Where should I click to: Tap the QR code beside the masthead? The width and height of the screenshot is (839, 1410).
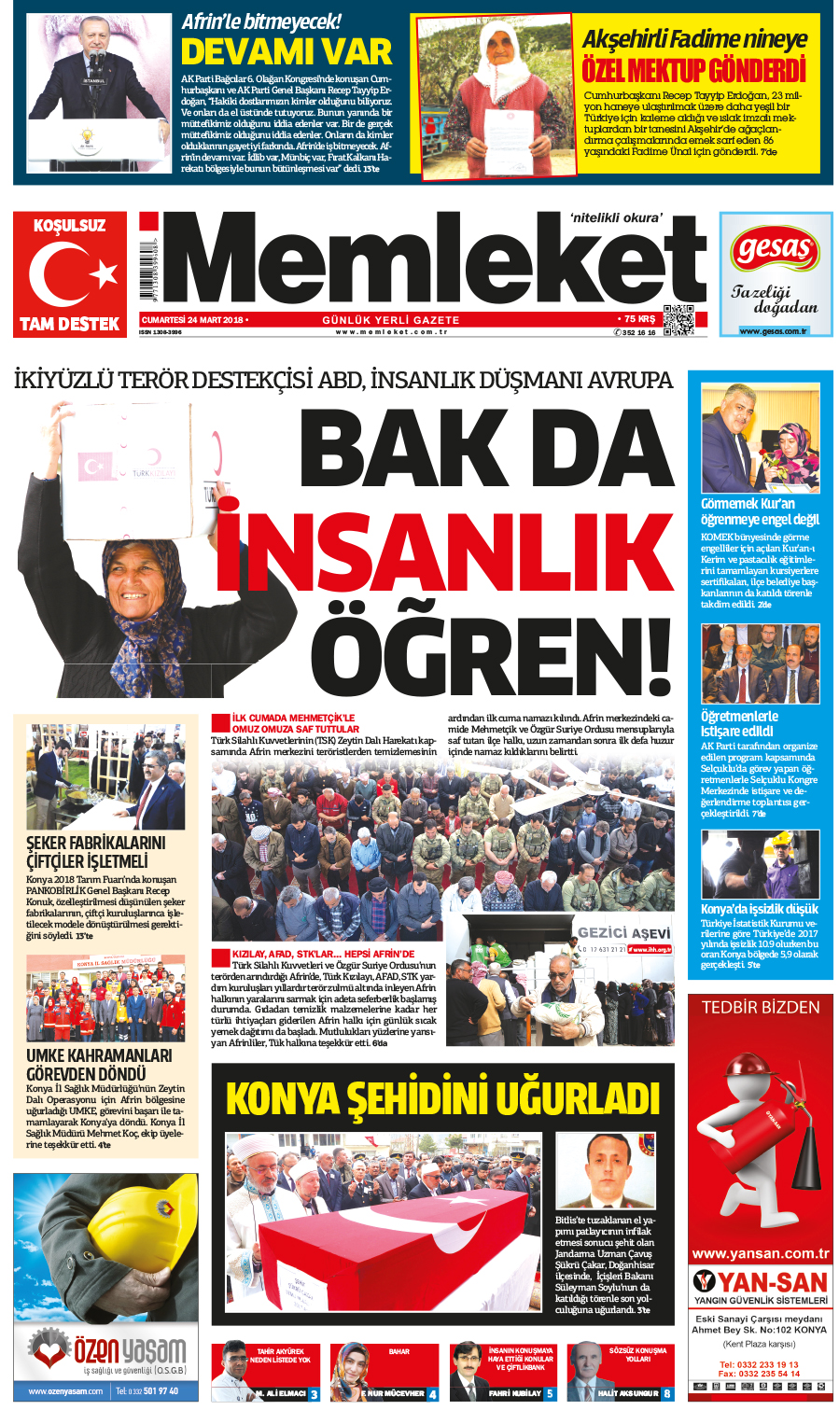(679, 319)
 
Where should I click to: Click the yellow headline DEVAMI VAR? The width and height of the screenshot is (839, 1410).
(286, 50)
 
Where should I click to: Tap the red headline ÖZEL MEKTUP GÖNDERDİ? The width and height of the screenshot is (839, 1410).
(693, 71)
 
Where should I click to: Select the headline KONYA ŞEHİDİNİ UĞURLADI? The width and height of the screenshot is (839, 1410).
(442, 1098)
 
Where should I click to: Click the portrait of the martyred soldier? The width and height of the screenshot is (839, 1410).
(604, 1171)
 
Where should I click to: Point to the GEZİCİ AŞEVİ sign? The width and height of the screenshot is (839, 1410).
(623, 933)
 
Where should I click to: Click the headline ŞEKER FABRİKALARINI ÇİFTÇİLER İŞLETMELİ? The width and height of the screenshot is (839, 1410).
(96, 851)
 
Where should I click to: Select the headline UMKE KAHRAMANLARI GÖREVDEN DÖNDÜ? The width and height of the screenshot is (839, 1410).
(99, 1064)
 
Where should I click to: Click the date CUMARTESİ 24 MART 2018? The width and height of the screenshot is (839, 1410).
(192, 320)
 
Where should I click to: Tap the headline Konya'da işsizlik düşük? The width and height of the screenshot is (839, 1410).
(760, 909)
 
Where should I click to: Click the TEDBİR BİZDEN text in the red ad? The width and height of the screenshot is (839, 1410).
(761, 1007)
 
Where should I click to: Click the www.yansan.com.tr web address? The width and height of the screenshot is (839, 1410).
(761, 1253)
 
